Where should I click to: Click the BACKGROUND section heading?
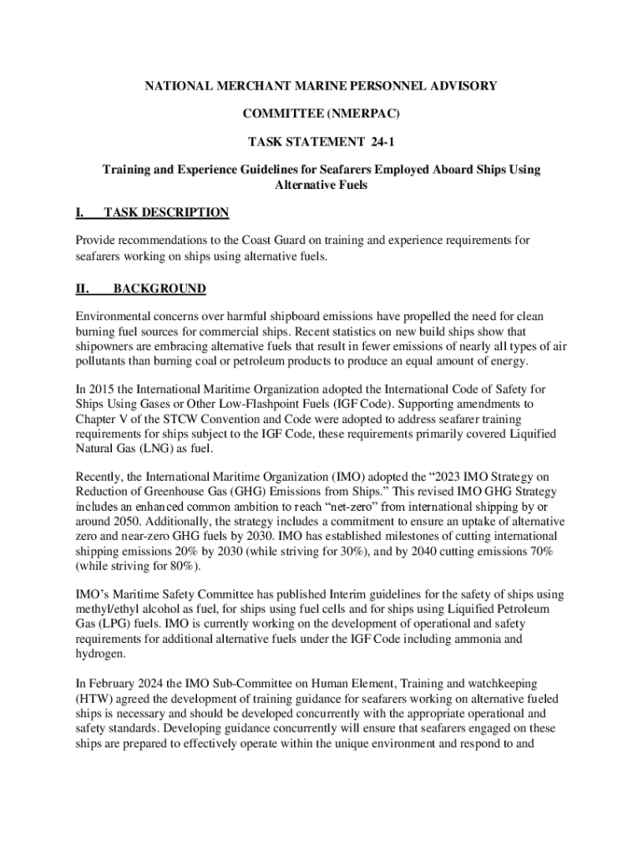click(159, 289)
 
